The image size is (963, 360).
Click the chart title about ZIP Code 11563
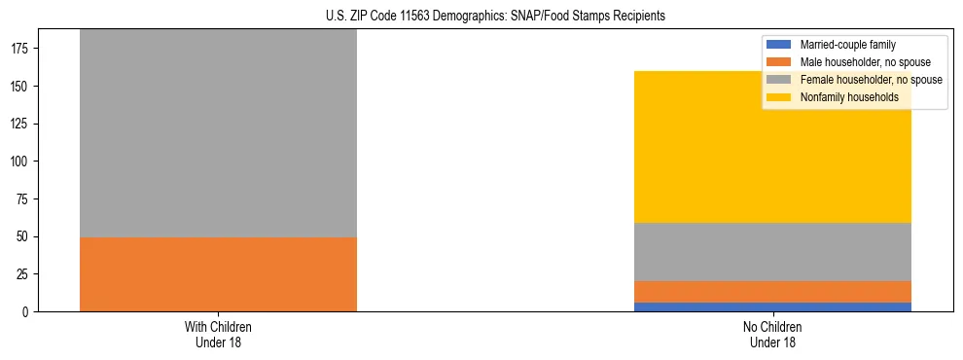coord(481,16)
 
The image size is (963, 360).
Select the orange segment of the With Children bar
coord(218,274)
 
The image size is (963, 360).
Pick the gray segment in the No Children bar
coord(773,252)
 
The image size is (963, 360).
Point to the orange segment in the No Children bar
coord(773,292)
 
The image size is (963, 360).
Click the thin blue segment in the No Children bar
coord(773,306)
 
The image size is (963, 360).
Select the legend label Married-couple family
coord(847,45)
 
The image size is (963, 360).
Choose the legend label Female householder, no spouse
coord(871,80)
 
